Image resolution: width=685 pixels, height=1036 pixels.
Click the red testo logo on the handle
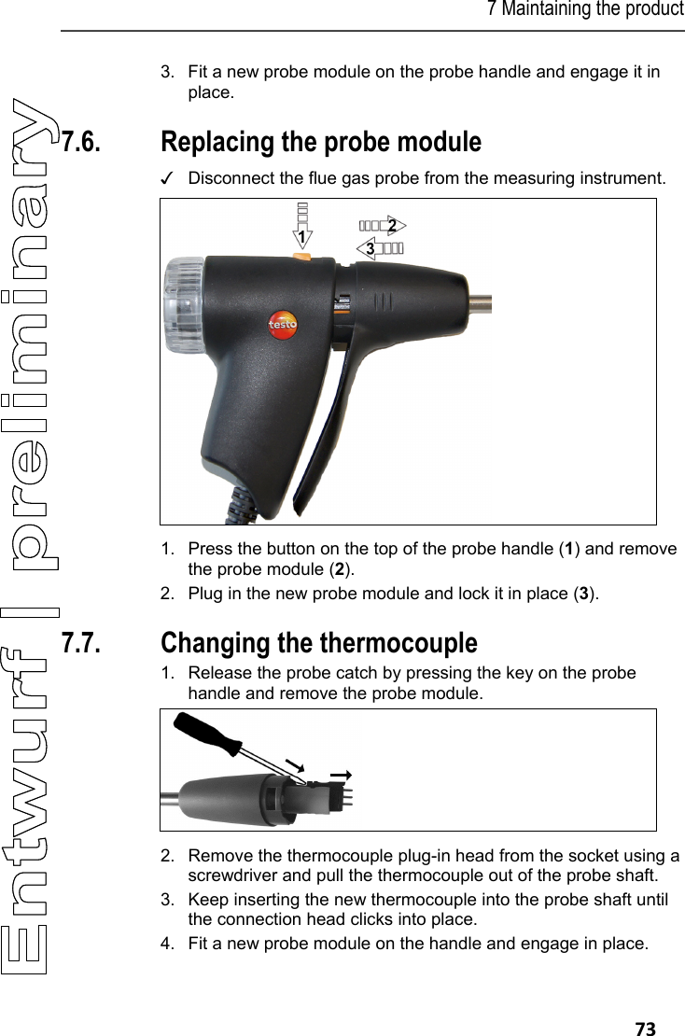[x=283, y=324]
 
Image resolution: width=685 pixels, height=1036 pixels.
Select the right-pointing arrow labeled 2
[x=382, y=225]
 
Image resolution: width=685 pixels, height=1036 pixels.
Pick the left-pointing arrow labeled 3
[x=381, y=248]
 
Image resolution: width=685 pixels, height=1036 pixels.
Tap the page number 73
[x=645, y=1029]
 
